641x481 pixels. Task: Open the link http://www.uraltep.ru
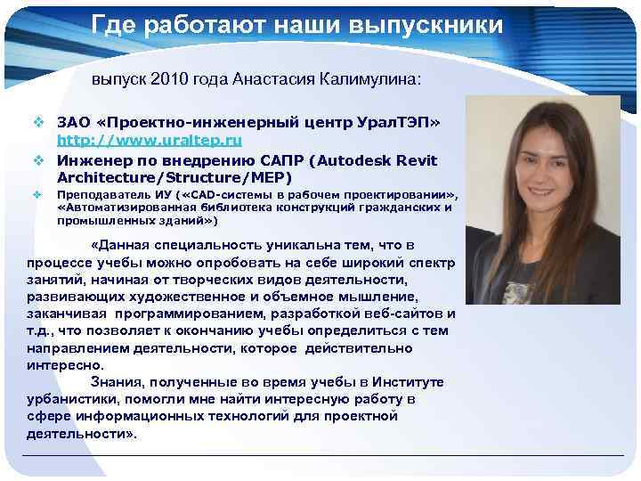point(149,141)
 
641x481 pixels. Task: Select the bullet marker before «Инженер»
point(39,160)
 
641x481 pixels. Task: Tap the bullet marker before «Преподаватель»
point(39,194)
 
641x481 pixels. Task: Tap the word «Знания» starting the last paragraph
point(152,382)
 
